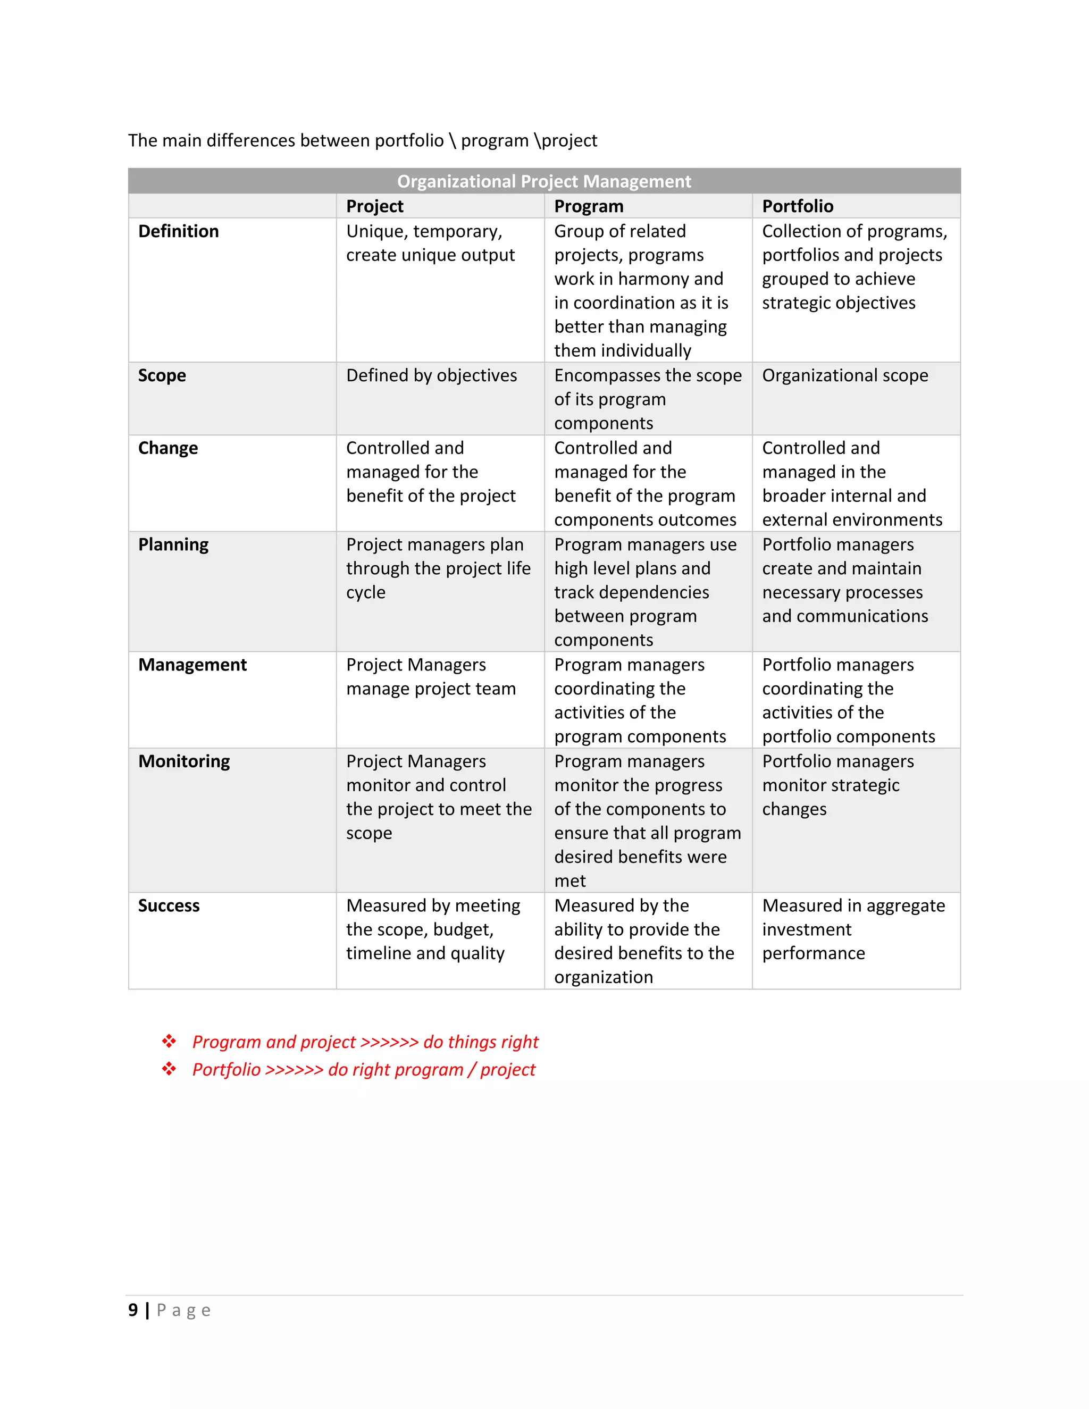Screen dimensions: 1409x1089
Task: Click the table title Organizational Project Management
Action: (544, 181)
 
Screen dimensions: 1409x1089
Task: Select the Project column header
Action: (374, 206)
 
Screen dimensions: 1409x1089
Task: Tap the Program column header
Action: (589, 206)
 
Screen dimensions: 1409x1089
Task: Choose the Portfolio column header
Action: (798, 206)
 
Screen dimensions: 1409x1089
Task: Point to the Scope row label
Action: (162, 375)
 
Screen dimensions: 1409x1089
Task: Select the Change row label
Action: (167, 448)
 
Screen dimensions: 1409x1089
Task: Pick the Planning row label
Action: (173, 544)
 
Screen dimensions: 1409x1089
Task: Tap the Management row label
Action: (192, 665)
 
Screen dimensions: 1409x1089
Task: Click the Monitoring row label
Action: (184, 761)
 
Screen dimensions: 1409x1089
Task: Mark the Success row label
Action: (169, 906)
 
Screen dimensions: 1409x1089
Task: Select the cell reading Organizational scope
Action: (844, 375)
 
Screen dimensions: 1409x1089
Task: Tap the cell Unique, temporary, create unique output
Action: (430, 243)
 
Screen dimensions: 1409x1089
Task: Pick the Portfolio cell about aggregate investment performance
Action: (853, 929)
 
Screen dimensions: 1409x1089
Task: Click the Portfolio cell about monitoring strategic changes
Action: (837, 785)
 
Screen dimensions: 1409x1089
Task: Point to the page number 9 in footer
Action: (133, 1310)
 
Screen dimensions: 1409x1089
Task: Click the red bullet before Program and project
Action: (169, 1041)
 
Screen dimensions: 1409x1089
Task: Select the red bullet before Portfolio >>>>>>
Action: (169, 1069)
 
